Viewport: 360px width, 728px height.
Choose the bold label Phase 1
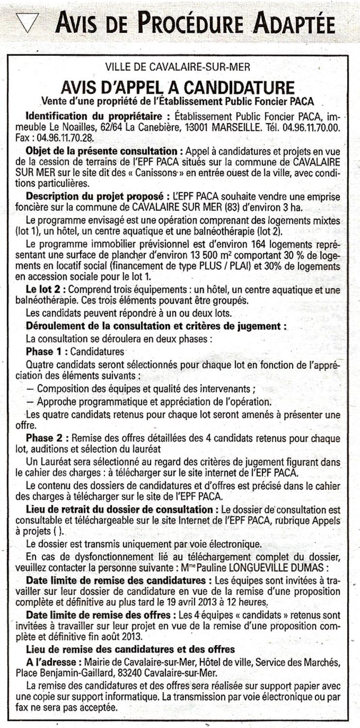pos(44,350)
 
